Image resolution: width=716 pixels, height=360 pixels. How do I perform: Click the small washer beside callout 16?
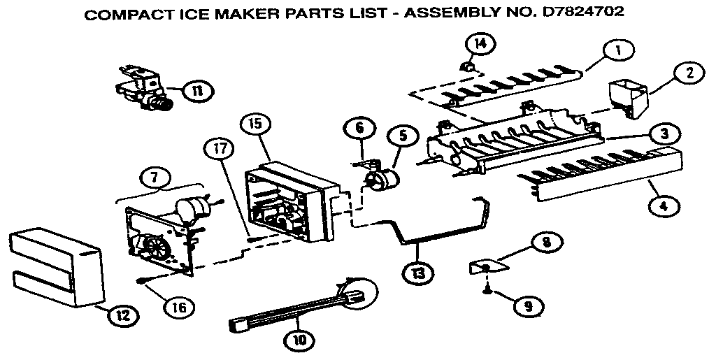[x=142, y=282]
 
